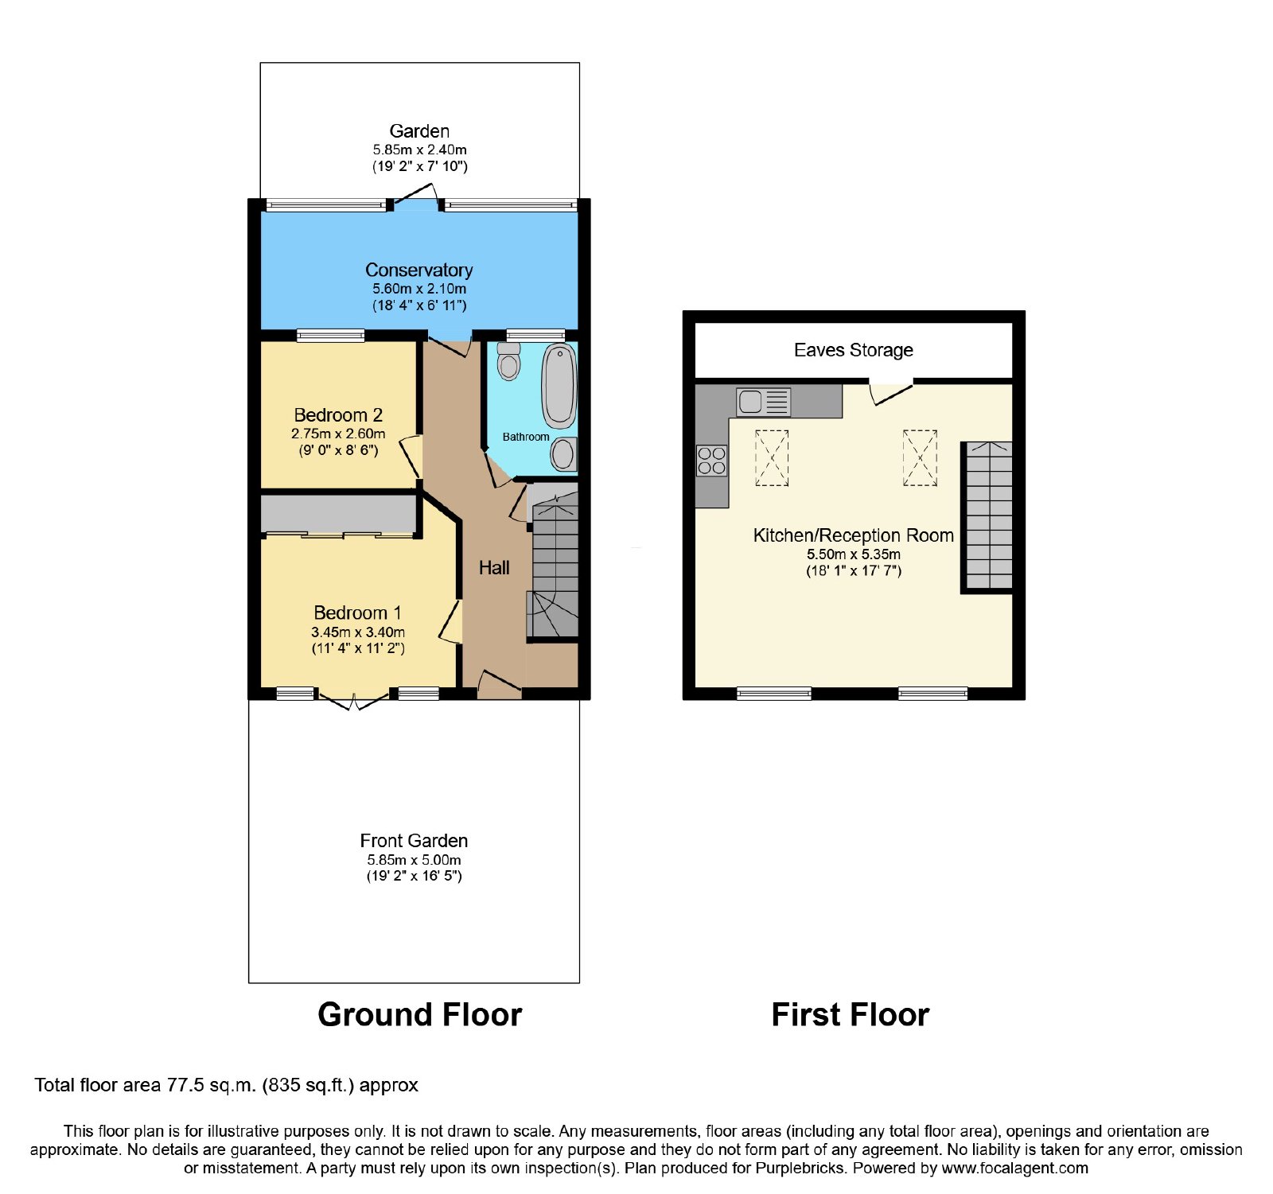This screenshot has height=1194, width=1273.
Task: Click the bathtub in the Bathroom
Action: pyautogui.click(x=559, y=386)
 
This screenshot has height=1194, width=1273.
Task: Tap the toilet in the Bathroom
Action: pyautogui.click(x=508, y=361)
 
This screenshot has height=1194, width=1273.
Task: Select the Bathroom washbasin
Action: pyautogui.click(x=563, y=454)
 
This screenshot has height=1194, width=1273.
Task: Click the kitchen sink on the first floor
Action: pyautogui.click(x=763, y=402)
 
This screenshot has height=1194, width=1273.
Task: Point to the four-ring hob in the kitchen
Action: pyautogui.click(x=711, y=461)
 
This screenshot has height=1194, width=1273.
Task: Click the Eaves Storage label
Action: pyautogui.click(x=854, y=350)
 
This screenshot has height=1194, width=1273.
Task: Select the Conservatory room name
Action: pyautogui.click(x=418, y=270)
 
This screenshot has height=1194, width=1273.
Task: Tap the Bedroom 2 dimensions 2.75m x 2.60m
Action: pyautogui.click(x=338, y=434)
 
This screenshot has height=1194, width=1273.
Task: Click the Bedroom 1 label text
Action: pyautogui.click(x=357, y=613)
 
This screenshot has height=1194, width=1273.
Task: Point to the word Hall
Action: pyautogui.click(x=494, y=567)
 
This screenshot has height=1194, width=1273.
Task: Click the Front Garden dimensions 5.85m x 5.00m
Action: pyautogui.click(x=414, y=860)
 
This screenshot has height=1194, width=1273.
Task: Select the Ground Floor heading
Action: pyautogui.click(x=419, y=1015)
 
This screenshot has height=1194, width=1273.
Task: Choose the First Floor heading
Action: pyautogui.click(x=851, y=1015)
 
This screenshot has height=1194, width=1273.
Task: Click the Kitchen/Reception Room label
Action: pyautogui.click(x=854, y=535)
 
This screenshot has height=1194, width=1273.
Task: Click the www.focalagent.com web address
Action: pyautogui.click(x=1014, y=1169)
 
